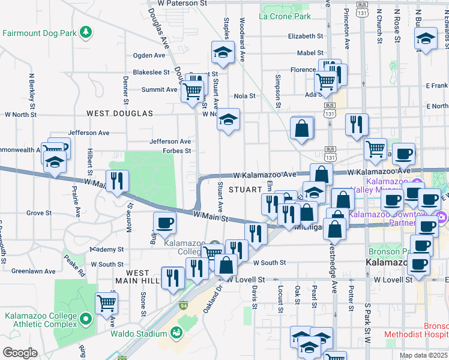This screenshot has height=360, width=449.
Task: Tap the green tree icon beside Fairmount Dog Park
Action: pos(86,31)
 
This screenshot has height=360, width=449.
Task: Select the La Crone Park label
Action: pos(285,16)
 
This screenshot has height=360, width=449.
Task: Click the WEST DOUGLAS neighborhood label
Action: pos(119,113)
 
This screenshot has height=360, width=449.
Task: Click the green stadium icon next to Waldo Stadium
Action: pos(176,332)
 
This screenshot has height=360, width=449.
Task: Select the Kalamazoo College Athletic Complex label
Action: pos(40,320)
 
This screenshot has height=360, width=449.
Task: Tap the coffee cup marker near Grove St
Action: pos(165,223)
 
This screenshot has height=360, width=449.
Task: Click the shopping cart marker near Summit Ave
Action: pos(192,91)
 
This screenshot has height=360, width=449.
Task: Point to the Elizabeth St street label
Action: pos(306,36)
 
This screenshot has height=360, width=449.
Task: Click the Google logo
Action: pos(19,353)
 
